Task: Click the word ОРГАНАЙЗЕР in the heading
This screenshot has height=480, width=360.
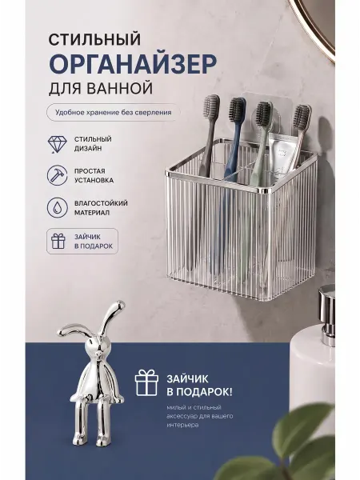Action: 133,63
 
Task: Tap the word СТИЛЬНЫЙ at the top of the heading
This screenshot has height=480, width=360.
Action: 95,40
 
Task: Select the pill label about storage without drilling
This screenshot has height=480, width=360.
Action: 114,112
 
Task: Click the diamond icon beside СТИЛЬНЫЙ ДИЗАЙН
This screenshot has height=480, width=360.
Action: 58,144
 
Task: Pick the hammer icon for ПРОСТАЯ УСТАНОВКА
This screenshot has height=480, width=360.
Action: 58,176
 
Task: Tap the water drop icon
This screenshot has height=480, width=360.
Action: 58,207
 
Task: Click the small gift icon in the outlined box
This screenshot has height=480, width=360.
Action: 58,242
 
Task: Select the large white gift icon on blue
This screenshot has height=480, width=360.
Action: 146,382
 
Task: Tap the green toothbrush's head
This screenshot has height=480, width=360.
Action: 264,114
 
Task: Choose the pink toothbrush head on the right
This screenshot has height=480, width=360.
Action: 302,118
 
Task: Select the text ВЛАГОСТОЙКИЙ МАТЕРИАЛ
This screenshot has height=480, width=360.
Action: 101,208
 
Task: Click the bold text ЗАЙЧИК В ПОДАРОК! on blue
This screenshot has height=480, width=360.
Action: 199,386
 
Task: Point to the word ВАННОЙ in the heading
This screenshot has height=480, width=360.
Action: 120,88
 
